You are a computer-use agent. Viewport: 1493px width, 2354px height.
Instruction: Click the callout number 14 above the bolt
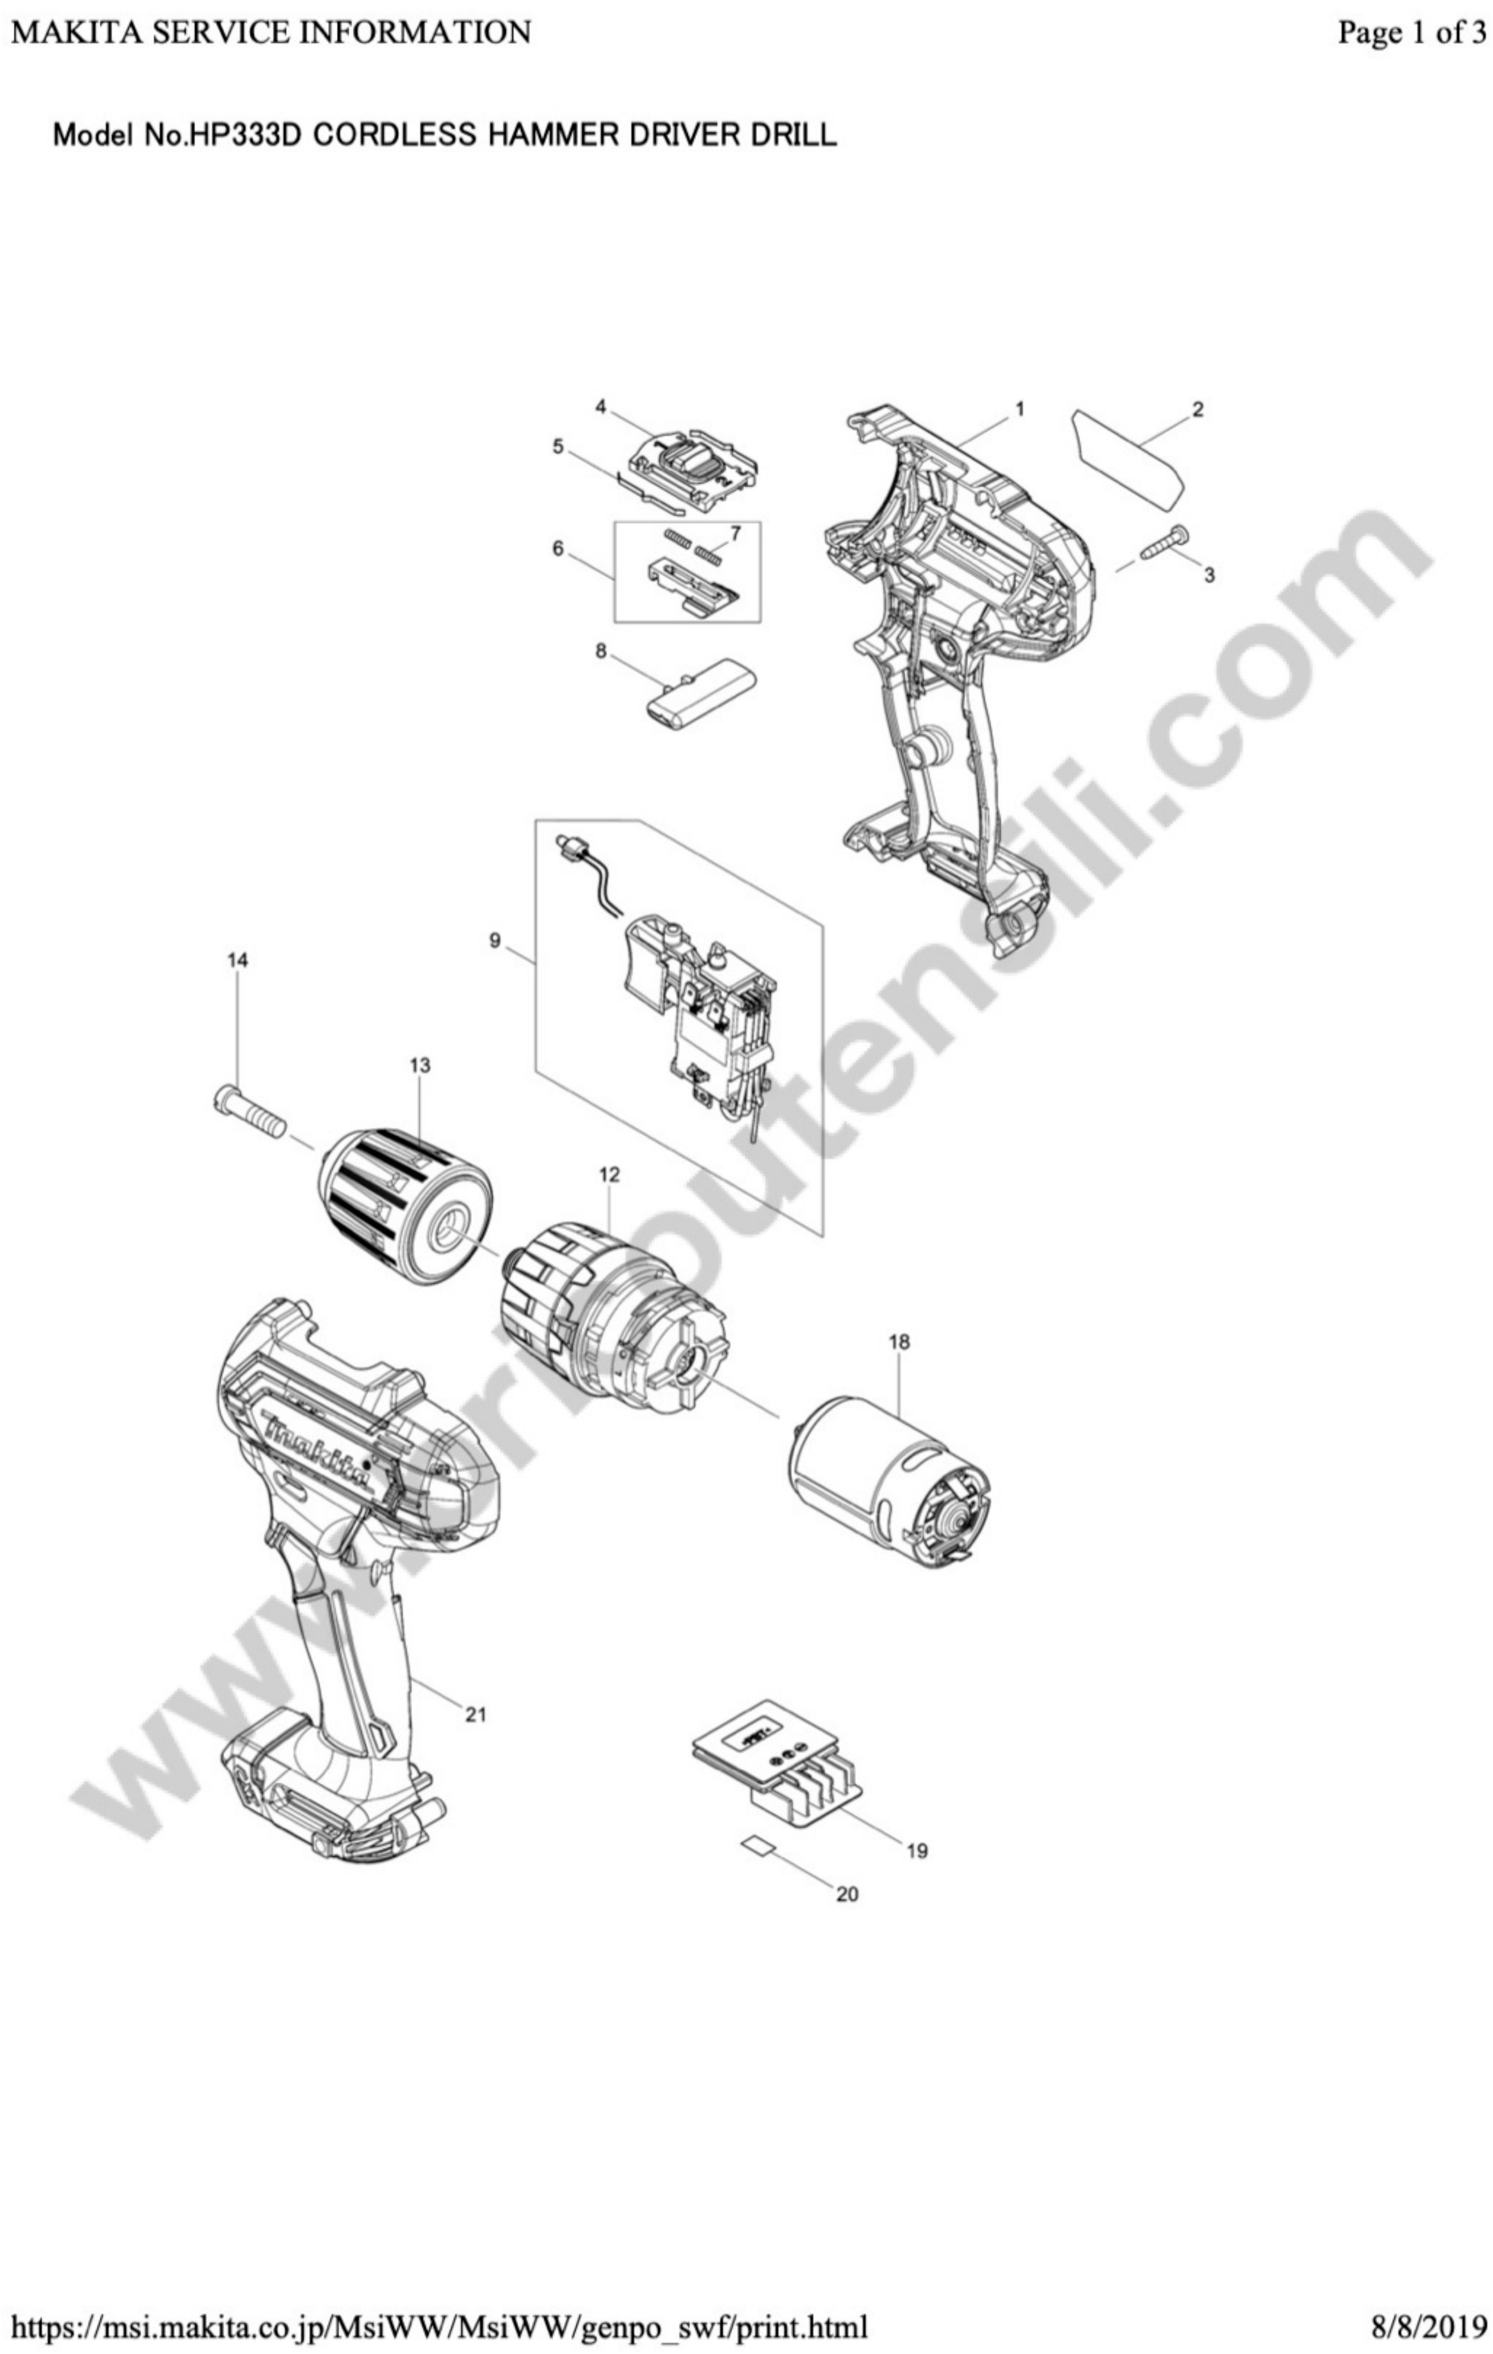click(237, 961)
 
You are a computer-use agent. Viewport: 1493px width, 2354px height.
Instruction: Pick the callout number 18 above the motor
click(899, 1342)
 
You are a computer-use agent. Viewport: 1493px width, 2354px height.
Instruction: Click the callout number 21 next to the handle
click(476, 1714)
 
